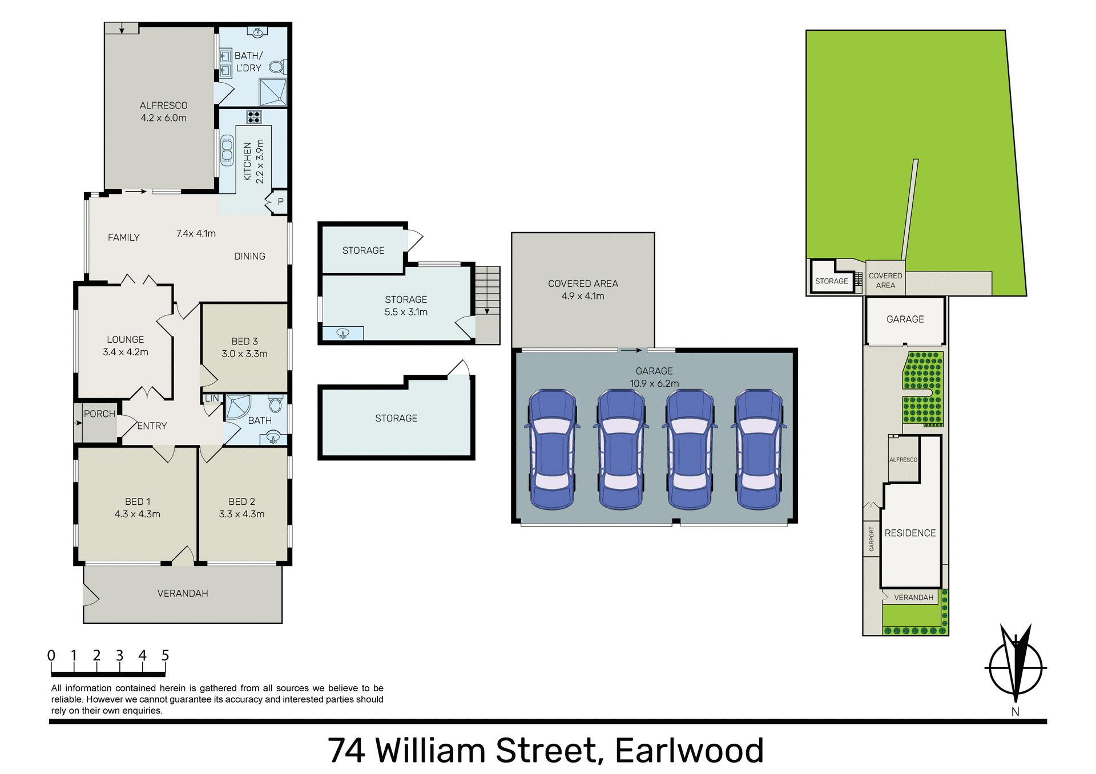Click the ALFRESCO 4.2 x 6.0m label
(163, 112)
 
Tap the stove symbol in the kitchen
(253, 117)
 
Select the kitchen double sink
(227, 149)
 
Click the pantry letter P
(280, 201)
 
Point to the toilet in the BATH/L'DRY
(277, 67)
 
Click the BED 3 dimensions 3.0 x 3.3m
(244, 354)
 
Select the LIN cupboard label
(211, 398)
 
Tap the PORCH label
(99, 414)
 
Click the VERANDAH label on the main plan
(183, 593)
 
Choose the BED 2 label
(241, 501)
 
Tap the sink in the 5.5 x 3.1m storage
(342, 333)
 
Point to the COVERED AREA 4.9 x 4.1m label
(583, 290)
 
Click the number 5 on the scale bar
(165, 655)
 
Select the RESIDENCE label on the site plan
(910, 533)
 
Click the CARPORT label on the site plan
(871, 538)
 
